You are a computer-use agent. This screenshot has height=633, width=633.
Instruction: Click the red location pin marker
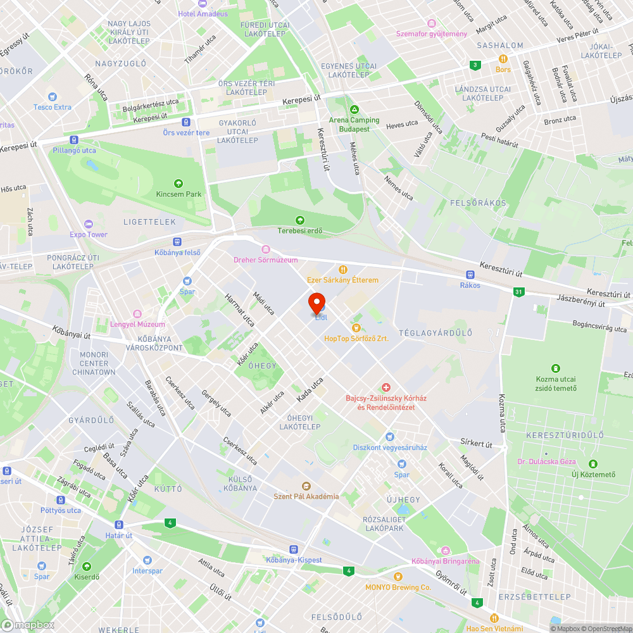tap(316, 303)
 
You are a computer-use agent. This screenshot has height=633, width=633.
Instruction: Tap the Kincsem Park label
tap(179, 194)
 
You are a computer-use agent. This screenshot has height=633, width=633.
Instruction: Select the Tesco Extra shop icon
tap(53, 97)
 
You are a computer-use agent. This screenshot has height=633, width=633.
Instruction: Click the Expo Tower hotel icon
tap(88, 224)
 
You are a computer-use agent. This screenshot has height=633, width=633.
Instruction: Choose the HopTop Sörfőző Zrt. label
tap(356, 339)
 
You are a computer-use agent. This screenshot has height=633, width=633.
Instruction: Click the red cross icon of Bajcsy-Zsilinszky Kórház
tap(385, 387)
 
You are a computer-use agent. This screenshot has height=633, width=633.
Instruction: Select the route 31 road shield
tap(519, 292)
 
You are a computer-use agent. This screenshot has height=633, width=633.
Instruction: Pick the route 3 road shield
tap(475, 65)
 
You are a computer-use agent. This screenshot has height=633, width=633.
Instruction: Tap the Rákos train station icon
tap(470, 275)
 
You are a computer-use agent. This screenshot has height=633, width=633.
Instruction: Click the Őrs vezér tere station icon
tap(185, 122)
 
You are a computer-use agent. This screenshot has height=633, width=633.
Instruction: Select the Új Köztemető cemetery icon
tap(593, 464)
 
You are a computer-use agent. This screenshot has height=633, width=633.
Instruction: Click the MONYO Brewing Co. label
tap(398, 587)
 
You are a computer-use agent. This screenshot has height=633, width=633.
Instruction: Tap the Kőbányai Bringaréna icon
tap(446, 551)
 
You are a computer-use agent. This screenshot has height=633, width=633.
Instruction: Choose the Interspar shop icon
tap(147, 560)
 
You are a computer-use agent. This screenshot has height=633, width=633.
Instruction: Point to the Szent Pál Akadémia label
tap(306, 496)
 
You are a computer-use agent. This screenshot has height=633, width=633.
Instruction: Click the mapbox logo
tap(28, 625)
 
